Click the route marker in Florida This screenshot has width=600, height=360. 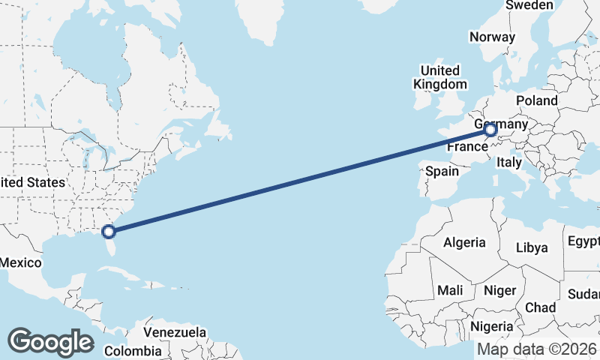pyautogui.click(x=109, y=231)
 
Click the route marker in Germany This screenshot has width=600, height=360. pyautogui.click(x=491, y=130)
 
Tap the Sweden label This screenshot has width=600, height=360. pyautogui.click(x=529, y=5)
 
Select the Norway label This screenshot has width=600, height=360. pyautogui.click(x=492, y=37)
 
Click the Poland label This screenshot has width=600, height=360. pyautogui.click(x=536, y=100)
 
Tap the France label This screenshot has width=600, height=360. pyautogui.click(x=467, y=147)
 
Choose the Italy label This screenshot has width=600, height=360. pyautogui.click(x=510, y=161)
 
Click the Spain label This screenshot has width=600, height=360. pyautogui.click(x=442, y=171)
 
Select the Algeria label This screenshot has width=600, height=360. pyautogui.click(x=464, y=242)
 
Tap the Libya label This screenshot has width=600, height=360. pyautogui.click(x=532, y=247)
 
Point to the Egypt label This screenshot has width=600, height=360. pyautogui.click(x=583, y=241)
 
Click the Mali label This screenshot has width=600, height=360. pyautogui.click(x=450, y=289)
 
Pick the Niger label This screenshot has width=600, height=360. pyautogui.click(x=499, y=290)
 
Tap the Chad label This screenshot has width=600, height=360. pyautogui.click(x=540, y=307)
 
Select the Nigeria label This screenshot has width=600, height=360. pyautogui.click(x=492, y=326)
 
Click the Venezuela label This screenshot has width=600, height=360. pyautogui.click(x=175, y=331)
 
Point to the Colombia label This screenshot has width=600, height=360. pyautogui.click(x=133, y=350)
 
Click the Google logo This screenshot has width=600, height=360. pyautogui.click(x=50, y=342)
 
